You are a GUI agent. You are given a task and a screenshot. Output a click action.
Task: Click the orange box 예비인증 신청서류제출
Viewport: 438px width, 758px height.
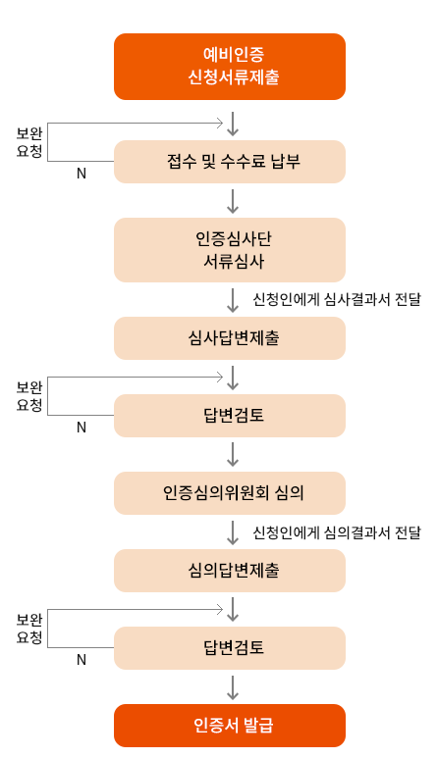tap(230, 67)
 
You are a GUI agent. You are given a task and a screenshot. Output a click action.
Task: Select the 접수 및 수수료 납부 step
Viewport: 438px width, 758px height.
tap(230, 162)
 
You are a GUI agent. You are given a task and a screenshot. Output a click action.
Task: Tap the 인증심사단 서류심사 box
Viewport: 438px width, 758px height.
tap(230, 250)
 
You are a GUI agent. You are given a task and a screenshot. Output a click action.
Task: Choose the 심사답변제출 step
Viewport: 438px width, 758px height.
tap(230, 338)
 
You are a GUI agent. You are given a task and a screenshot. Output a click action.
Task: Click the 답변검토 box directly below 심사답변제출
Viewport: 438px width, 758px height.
tap(230, 416)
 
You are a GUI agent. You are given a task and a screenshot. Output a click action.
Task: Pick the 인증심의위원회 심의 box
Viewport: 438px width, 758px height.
tap(230, 493)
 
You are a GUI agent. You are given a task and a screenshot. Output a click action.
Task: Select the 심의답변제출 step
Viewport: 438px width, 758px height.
tap(230, 571)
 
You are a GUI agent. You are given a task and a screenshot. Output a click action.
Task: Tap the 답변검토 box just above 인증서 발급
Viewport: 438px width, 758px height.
tap(230, 648)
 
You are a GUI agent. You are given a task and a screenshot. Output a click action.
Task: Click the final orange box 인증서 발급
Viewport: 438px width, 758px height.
tap(230, 726)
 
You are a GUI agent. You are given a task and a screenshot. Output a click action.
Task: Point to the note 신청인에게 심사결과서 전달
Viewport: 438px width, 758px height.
tap(337, 299)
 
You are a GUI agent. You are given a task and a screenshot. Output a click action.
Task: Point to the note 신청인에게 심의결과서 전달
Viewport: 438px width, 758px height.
tap(337, 532)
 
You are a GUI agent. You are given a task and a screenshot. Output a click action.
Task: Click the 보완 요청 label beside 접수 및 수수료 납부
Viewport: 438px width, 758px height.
tap(29, 142)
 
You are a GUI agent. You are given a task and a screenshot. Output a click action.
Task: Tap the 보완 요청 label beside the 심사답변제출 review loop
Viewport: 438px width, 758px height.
tap(29, 396)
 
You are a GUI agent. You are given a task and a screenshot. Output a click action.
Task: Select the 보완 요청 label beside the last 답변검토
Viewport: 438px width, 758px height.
tap(29, 629)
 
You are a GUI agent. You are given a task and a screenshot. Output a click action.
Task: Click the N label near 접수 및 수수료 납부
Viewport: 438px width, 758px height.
tap(82, 174)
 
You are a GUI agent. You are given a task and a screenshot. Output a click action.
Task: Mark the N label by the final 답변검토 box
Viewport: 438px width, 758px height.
tap(82, 660)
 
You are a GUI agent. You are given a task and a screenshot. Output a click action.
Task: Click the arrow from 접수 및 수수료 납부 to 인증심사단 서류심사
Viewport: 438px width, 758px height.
tap(233, 201)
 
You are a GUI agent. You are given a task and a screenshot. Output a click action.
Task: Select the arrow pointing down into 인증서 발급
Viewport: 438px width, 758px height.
tap(233, 687)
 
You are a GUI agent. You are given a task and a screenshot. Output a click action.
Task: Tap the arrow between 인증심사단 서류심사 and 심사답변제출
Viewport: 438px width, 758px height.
tap(233, 300)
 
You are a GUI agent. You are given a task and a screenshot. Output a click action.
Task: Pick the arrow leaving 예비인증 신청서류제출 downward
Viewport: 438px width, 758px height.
tap(233, 124)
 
